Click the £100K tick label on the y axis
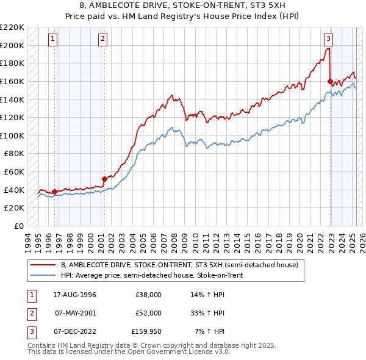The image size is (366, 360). point(12,135)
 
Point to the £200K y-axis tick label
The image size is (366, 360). point(12,45)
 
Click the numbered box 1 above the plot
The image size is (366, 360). point(54,39)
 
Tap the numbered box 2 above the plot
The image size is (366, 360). point(102,39)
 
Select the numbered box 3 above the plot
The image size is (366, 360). point(328,39)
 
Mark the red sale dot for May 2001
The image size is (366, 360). point(104,179)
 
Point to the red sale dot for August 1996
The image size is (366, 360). point(55,192)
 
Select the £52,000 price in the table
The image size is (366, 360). point(148,313)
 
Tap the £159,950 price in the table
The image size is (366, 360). point(146,331)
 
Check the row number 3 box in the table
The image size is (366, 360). point(30,331)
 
